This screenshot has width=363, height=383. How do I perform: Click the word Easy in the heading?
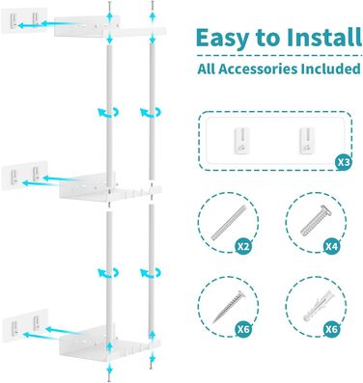click(x=223, y=39)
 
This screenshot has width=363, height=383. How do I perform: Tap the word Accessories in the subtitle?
click(x=255, y=68)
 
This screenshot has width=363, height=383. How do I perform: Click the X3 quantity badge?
click(x=343, y=162)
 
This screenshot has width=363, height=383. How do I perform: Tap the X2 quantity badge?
click(x=243, y=246)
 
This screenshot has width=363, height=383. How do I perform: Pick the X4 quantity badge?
click(x=331, y=246)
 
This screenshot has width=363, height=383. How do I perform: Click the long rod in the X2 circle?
click(x=229, y=223)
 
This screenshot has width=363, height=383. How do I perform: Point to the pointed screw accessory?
click(x=228, y=307)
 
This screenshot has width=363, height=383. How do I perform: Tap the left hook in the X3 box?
click(x=241, y=141)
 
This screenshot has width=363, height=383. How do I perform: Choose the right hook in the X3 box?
click(x=307, y=141)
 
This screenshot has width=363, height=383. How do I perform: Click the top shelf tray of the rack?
click(x=110, y=28)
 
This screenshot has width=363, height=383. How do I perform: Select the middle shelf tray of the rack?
click(x=110, y=188)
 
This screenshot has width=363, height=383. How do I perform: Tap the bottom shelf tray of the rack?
click(x=109, y=341)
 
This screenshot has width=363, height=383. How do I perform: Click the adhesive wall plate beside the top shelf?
click(x=24, y=20)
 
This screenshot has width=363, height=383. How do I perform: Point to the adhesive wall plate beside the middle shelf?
click(x=24, y=176)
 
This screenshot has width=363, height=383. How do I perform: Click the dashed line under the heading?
click(x=279, y=56)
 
